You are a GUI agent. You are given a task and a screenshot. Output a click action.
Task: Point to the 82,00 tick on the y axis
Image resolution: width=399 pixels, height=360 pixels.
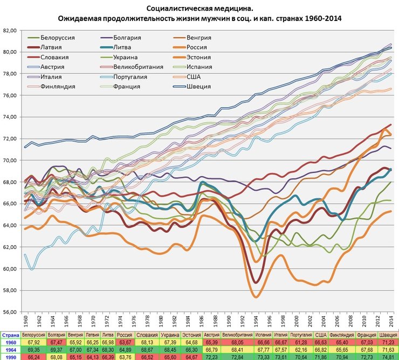tap(10, 30)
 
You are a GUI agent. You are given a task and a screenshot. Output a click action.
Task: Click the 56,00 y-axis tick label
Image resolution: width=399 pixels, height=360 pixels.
tap(10, 312)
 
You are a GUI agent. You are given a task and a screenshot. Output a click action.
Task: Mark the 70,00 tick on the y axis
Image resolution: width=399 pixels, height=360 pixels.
tap(10, 160)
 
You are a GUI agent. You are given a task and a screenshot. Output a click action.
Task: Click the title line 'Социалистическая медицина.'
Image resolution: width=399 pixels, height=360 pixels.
tap(200, 9)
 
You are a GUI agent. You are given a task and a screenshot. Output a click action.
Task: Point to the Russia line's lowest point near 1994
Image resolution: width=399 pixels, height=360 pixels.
tap(256, 297)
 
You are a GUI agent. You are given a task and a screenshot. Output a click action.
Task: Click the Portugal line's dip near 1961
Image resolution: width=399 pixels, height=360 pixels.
tap(32, 269)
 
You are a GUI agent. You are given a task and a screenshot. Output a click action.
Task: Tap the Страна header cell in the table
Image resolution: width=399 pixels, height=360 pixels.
tap(10, 335)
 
